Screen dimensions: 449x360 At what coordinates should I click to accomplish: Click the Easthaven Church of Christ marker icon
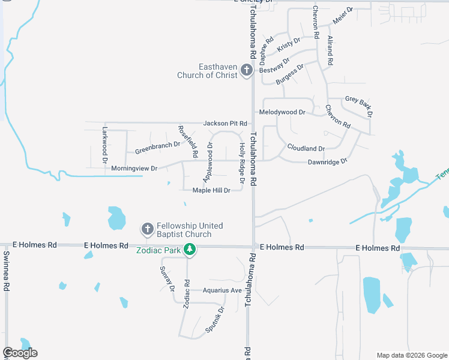point(246,70)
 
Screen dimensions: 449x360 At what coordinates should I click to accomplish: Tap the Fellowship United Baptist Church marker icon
point(147,229)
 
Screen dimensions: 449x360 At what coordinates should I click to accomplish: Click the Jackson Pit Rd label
point(225,123)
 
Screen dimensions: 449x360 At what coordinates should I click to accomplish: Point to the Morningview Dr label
point(134,169)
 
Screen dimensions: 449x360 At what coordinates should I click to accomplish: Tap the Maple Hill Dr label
point(211,190)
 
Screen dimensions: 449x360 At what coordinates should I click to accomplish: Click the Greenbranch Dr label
point(157,145)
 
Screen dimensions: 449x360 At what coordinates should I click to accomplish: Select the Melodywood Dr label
point(282,112)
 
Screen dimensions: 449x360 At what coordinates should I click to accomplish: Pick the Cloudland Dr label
point(306,148)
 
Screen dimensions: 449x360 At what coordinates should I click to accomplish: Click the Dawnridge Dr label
point(327,162)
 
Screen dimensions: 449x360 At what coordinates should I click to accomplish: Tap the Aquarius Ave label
point(221,290)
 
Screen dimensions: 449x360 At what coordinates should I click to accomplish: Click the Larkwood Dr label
point(104,139)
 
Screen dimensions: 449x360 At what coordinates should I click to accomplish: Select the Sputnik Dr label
point(215,320)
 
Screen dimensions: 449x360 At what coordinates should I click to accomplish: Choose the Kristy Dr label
point(288,43)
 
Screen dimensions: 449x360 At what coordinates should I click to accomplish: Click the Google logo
point(20,353)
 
